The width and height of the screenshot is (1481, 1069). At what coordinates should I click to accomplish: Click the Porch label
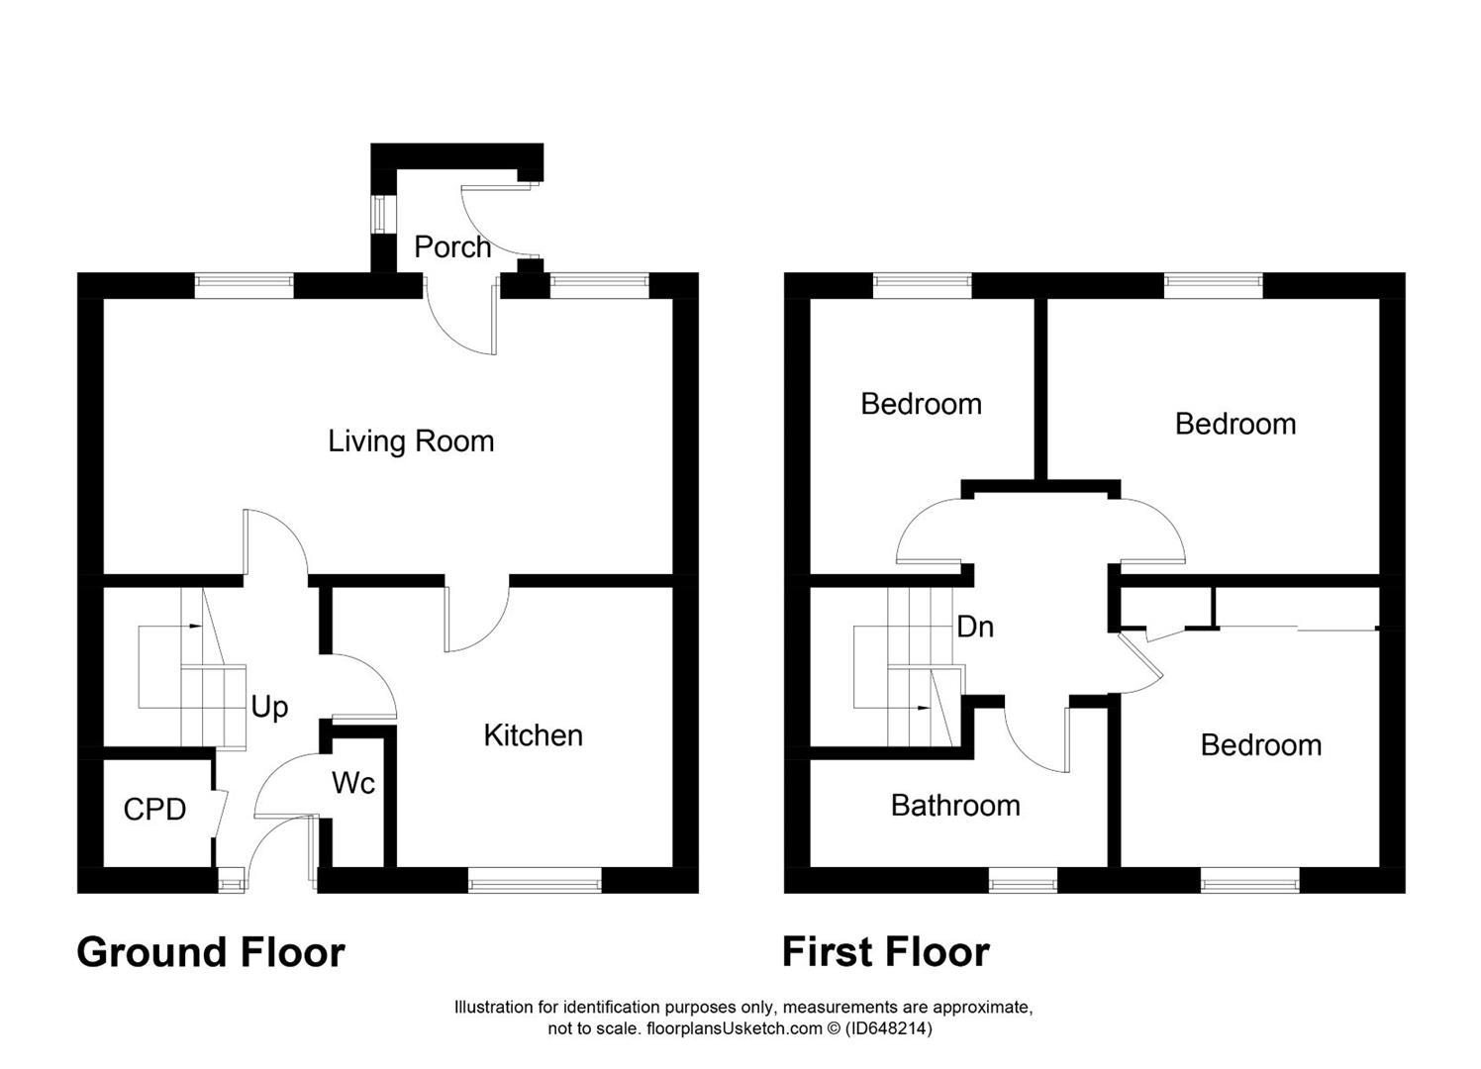click(x=452, y=247)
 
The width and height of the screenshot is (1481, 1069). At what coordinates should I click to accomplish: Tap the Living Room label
click(x=411, y=440)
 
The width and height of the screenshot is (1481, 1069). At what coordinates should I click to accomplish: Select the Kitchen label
click(x=533, y=735)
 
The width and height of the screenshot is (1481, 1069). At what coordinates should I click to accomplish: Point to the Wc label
click(x=353, y=783)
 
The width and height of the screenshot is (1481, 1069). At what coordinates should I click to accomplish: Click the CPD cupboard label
click(x=154, y=810)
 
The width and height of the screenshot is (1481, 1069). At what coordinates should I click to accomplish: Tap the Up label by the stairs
click(x=269, y=708)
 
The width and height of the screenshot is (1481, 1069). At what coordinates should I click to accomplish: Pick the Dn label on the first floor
click(x=974, y=627)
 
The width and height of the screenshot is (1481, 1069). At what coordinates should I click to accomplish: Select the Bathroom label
click(x=955, y=806)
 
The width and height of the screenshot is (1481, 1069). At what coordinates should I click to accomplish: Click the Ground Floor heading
click(x=211, y=952)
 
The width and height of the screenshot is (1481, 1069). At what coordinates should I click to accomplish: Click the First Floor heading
click(x=886, y=952)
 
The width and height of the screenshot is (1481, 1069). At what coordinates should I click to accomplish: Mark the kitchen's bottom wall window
click(x=535, y=880)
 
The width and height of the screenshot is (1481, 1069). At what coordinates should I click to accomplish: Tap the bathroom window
click(x=1023, y=880)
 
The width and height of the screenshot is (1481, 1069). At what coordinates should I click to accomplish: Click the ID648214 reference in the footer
click(x=889, y=1028)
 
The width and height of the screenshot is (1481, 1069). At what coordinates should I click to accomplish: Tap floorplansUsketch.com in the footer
click(x=734, y=1028)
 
